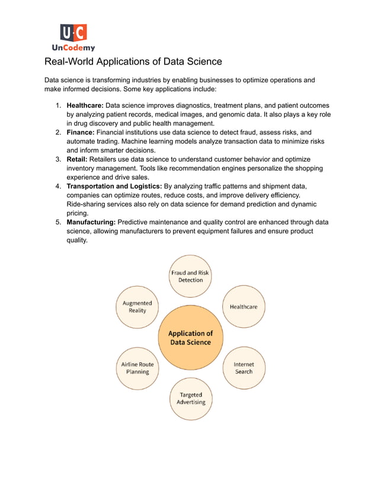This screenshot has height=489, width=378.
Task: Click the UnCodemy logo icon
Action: (73, 33)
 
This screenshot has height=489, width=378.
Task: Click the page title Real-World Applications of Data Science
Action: (133, 62)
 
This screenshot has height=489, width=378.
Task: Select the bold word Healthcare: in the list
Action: (85, 105)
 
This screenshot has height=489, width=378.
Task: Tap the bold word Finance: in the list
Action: (81, 133)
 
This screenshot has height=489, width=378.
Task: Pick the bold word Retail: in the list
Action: (77, 159)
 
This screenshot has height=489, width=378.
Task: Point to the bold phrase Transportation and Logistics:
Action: (114, 186)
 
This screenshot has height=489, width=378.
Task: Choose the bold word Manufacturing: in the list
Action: (91, 222)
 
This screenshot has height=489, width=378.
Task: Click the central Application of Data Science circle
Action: (190, 338)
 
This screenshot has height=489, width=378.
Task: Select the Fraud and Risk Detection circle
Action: (190, 276)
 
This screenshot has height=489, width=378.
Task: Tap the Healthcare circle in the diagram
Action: (244, 307)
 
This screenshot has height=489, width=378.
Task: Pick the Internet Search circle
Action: (244, 368)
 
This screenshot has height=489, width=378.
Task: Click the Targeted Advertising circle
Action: (191, 398)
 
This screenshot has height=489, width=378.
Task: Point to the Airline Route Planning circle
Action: (137, 368)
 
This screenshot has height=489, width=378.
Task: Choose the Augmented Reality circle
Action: (137, 307)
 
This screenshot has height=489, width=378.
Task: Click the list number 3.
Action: (58, 159)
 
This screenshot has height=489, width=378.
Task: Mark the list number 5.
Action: (58, 222)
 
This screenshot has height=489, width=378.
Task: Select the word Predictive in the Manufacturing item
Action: (134, 222)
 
